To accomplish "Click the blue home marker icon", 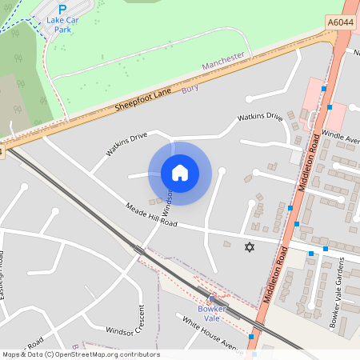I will [180, 173].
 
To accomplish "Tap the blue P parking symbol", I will [62, 10].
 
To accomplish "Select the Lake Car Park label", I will [58, 24].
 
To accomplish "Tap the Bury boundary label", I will [190, 88].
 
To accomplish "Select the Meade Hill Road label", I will [151, 215].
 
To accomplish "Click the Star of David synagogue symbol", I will [249, 247].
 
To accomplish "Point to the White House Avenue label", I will [210, 334].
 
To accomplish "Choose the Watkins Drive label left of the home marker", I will [126, 144].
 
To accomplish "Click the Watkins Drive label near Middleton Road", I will [260, 118].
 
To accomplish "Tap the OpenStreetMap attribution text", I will [80, 354].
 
